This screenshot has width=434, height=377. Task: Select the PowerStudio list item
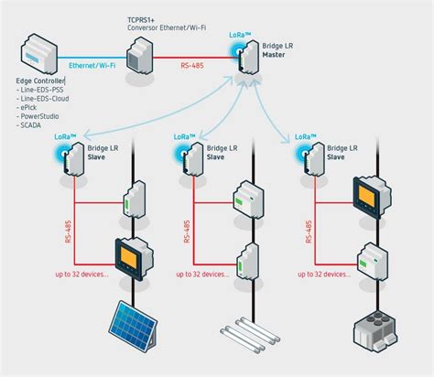coord(41,116)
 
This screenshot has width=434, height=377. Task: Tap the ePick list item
coord(31,108)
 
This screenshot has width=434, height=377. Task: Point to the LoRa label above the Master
coord(240,34)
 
